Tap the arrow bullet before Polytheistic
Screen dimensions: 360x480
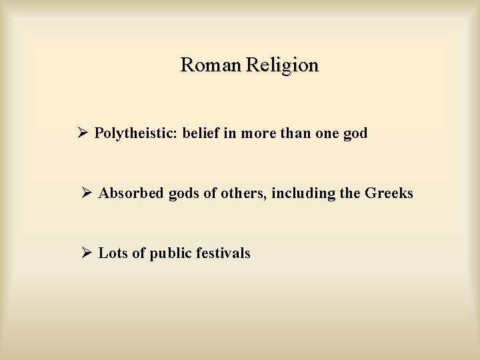(x=83, y=133)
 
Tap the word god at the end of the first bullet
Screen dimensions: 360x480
(x=355, y=134)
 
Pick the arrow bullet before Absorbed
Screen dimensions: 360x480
(x=87, y=193)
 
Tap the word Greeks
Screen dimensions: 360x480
(x=389, y=193)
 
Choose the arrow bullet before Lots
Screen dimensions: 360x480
(x=87, y=253)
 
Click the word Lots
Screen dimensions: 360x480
(x=112, y=253)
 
